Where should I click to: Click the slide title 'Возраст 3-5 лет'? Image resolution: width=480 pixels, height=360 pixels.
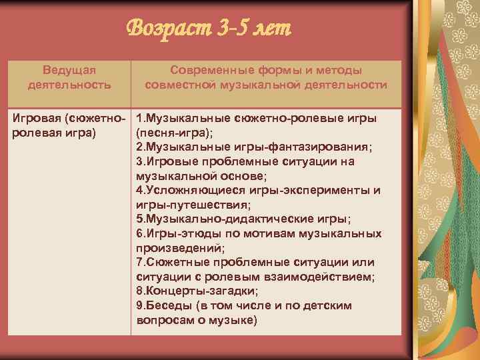[x=209, y=29]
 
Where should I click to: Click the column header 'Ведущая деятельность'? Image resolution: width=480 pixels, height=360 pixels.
[x=69, y=77]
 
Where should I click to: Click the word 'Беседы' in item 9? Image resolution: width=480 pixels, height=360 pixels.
[x=166, y=305]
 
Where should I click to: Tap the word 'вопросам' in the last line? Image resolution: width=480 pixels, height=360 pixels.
[x=164, y=320]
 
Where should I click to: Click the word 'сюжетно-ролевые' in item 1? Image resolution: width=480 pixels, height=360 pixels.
[x=278, y=118]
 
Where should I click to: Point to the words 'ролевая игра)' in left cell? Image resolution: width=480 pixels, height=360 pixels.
[x=53, y=133]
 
